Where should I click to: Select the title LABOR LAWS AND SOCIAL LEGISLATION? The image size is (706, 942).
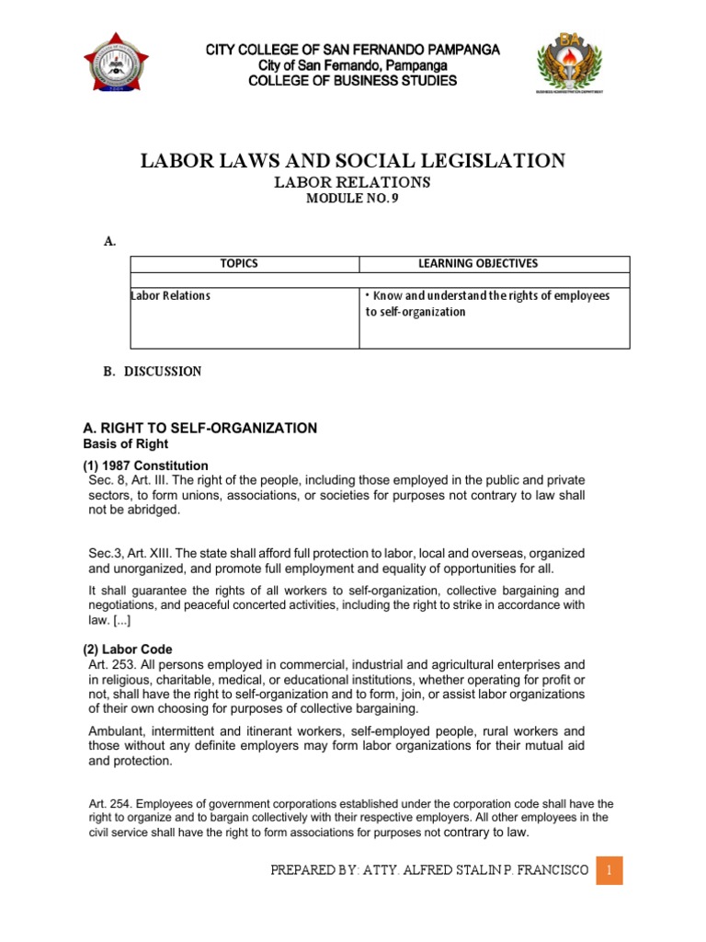pos(352,162)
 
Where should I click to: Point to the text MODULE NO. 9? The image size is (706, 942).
pos(352,200)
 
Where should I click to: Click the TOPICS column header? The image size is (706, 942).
pos(239,264)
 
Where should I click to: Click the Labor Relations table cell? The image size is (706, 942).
pos(171,295)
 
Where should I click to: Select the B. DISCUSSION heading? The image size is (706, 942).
pos(153,372)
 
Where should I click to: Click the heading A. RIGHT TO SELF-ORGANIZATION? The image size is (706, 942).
pos(199,428)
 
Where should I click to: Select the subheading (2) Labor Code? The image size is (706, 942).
pos(127,649)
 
